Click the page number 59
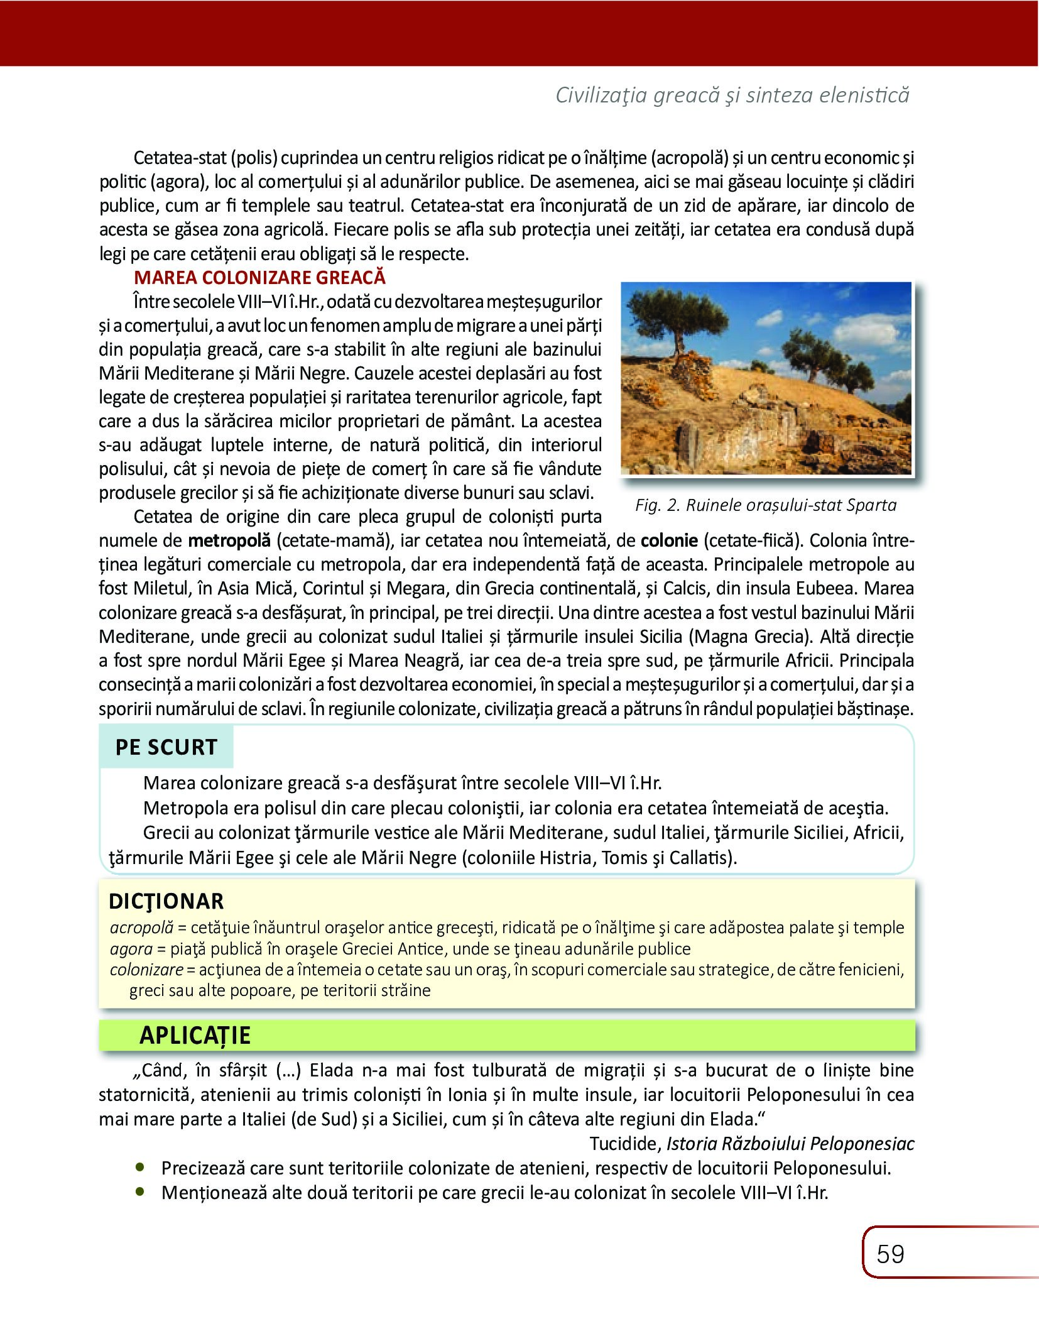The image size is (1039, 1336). [x=890, y=1254]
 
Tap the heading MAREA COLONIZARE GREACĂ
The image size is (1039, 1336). [x=259, y=277]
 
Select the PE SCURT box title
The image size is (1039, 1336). [x=166, y=747]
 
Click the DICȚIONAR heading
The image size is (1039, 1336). [x=166, y=901]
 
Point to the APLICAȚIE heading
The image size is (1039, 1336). [x=195, y=1035]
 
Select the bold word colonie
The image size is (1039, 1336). [x=669, y=540]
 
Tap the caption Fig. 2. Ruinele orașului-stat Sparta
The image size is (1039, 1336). [x=766, y=505]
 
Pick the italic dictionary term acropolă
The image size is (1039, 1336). [x=141, y=928]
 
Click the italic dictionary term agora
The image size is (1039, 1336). [x=131, y=948]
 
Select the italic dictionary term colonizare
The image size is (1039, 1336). [x=146, y=970]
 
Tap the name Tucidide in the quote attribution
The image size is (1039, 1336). [x=625, y=1144]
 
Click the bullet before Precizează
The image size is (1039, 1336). [x=140, y=1167]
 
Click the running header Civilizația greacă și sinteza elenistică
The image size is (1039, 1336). [x=732, y=95]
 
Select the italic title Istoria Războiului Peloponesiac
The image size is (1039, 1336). [x=790, y=1144]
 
